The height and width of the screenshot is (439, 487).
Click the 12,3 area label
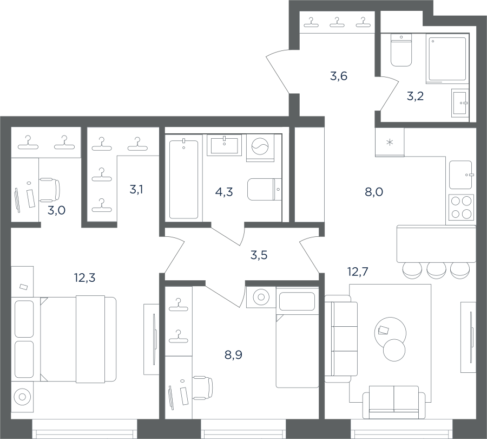84,277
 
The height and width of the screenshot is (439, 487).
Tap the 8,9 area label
233,354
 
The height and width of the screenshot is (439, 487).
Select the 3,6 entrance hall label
339,76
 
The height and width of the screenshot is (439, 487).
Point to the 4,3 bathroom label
224,192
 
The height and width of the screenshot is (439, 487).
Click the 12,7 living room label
358,272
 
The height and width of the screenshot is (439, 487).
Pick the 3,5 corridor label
259,255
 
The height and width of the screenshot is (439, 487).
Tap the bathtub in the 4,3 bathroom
183,179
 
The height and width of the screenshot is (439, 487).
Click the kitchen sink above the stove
461,175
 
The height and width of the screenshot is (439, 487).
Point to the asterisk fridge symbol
390,143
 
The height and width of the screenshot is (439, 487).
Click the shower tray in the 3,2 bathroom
447,59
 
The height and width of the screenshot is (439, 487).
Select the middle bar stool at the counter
436,270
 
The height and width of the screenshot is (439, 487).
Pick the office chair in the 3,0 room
50,190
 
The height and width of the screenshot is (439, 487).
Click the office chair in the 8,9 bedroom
203,388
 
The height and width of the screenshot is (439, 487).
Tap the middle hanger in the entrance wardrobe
335,22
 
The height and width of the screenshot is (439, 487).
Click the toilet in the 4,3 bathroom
264,189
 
